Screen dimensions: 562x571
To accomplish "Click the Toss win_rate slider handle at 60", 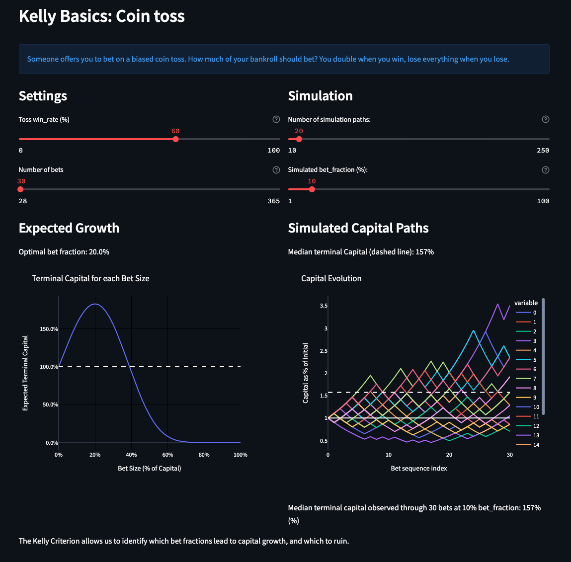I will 175,139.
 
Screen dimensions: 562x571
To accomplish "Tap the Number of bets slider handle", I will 20,189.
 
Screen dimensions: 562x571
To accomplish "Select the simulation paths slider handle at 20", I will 299,139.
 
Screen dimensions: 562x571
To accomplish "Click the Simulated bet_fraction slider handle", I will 312,189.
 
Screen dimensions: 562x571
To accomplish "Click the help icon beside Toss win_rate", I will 276,119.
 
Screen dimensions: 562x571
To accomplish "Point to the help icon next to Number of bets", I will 276,170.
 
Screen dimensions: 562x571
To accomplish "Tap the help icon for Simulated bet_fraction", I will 545,170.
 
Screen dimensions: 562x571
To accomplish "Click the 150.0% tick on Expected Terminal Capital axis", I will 49,329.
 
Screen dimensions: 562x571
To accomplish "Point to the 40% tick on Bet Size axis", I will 131,455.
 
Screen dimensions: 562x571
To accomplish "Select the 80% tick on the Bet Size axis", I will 204,455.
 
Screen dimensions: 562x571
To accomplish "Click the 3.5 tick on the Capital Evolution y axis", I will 323,306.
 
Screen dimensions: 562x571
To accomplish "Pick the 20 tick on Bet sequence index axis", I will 449,455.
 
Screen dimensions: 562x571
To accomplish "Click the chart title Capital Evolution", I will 331,278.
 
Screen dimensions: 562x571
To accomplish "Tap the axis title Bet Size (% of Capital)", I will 149,468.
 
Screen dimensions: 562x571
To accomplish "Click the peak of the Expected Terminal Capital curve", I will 95,304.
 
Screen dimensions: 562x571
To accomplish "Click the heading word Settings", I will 43,96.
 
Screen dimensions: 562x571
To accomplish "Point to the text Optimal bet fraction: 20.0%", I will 64,252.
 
